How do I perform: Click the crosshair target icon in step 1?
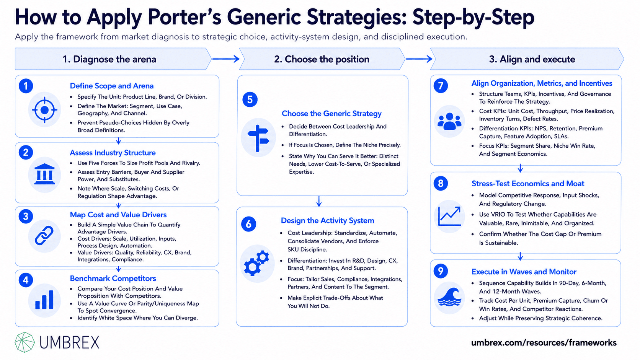[44, 110]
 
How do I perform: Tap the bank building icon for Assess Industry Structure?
[44, 174]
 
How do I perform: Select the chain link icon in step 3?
[44, 236]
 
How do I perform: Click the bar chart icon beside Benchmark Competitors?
[44, 300]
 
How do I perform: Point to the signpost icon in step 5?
[258, 138]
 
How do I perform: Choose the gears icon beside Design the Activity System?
[257, 263]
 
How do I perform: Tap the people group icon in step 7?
[449, 121]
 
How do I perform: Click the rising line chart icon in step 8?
[449, 217]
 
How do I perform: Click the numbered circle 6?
[248, 224]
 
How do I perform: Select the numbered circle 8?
[441, 183]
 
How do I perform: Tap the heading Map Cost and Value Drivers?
[118, 215]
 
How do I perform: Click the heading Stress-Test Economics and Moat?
[528, 184]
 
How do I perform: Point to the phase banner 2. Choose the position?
[322, 59]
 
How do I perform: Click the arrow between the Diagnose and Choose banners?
[226, 59]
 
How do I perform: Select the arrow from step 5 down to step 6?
[319, 201]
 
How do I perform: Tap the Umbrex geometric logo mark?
[24, 342]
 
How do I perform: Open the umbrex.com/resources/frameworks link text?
[544, 342]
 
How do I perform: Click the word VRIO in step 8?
[499, 214]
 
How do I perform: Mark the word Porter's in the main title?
[184, 17]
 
